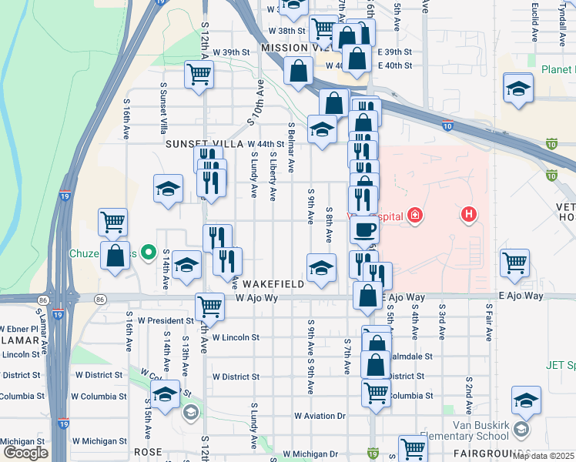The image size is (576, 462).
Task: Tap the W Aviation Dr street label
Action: (320, 416)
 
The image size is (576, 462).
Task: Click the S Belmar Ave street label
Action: (291, 146)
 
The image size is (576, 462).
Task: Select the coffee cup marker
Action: (364, 229)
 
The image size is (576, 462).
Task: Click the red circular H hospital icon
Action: (467, 214)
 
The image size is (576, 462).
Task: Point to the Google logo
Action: (25, 452)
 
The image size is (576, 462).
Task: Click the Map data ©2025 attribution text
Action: (543, 456)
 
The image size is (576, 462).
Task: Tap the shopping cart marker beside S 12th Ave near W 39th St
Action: (199, 75)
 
